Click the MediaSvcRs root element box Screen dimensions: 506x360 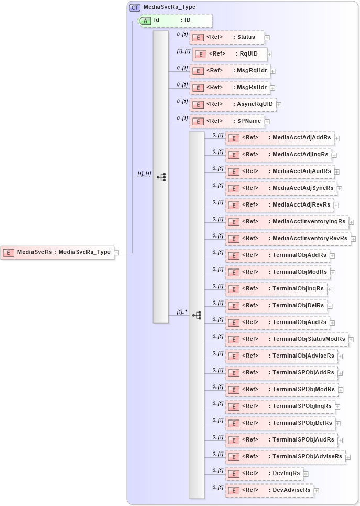pyautogui.click(x=57, y=252)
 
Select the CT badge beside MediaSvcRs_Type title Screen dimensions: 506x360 pyautogui.click(x=135, y=8)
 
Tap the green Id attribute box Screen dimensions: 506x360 pyautogui.click(x=176, y=20)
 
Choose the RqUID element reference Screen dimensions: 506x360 pyautogui.click(x=230, y=54)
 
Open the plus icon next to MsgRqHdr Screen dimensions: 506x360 pyautogui.click(x=273, y=71)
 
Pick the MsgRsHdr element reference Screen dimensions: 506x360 pyautogui.click(x=230, y=88)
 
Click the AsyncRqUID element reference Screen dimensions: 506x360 pyautogui.click(x=233, y=104)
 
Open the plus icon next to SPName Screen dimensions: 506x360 pyautogui.click(x=267, y=122)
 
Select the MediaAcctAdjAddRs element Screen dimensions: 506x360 pyautogui.click(x=280, y=138)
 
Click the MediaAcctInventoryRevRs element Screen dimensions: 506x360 pyautogui.click(x=288, y=238)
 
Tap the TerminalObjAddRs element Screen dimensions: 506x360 pyautogui.click(x=277, y=255)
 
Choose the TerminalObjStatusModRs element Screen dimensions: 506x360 pyautogui.click(x=287, y=339)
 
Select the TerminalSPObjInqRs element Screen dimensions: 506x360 pyautogui.click(x=280, y=406)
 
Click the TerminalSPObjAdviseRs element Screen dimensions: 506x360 pyautogui.click(x=286, y=456)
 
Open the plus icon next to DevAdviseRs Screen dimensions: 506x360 pyautogui.click(x=317, y=490)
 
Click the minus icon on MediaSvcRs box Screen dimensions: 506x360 pyautogui.click(x=117, y=252)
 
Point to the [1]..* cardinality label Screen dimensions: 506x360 pyautogui.click(x=181, y=312)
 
